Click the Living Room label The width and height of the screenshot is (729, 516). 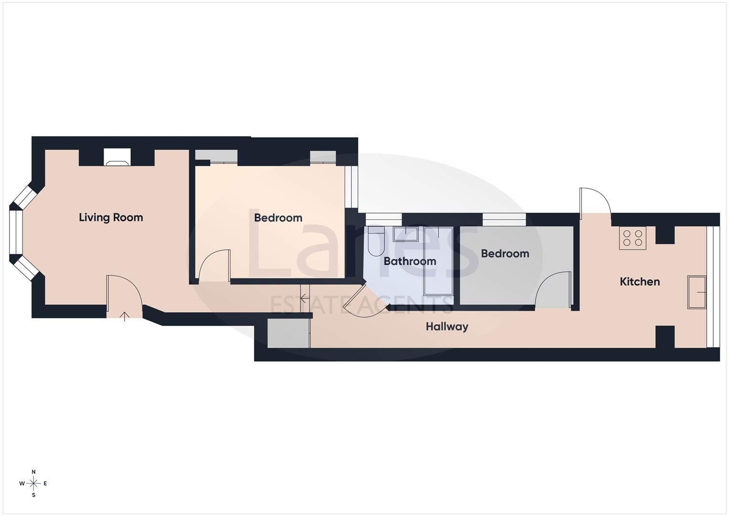(111, 217)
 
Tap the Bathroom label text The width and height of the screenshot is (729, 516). (410, 261)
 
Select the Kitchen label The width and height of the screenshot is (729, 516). (639, 282)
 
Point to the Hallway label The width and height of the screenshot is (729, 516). (447, 327)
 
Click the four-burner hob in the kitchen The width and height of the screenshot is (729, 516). (633, 238)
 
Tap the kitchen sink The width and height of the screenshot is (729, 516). (697, 292)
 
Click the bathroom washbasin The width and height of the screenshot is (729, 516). (405, 234)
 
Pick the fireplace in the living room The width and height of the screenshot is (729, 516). (117, 158)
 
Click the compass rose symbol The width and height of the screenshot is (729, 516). (33, 484)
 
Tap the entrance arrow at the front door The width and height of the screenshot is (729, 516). (125, 316)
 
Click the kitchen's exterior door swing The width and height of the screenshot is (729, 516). (594, 203)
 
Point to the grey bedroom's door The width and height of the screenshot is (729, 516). (554, 290)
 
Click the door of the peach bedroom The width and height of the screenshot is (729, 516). (213, 266)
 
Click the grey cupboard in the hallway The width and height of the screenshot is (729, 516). (288, 333)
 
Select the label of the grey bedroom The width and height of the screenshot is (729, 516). (505, 254)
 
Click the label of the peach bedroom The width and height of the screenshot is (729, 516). (278, 218)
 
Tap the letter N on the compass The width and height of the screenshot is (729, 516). (33, 472)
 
